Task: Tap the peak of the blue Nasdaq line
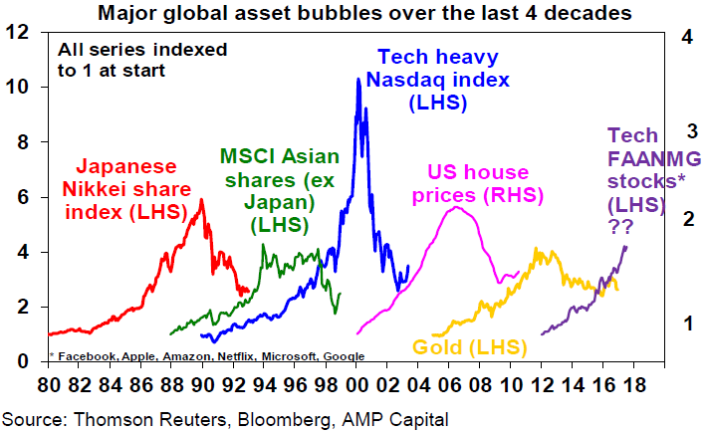tap(358, 79)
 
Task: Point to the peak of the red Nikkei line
tap(202, 200)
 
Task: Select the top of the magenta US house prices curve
tap(456, 207)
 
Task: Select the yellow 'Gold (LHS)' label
tap(461, 347)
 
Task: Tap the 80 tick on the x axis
tap(47, 382)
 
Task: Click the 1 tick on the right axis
tap(686, 323)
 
